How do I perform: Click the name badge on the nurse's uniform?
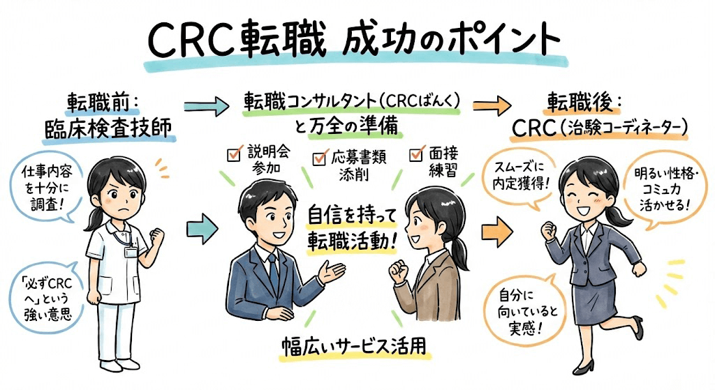coord(131,251)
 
